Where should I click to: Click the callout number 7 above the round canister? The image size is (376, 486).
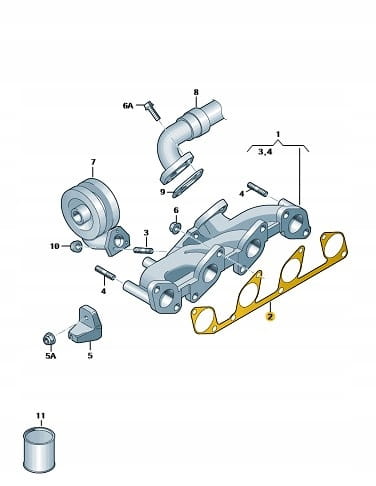click(93, 162)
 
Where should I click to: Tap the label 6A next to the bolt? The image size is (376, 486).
click(128, 106)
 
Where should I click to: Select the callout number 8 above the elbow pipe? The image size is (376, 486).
click(196, 92)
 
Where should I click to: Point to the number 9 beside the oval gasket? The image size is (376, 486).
click(163, 192)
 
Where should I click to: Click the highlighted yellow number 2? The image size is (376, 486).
click(270, 316)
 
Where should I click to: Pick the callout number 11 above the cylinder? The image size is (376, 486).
click(40, 415)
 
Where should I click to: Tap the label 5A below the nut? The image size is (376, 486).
click(51, 356)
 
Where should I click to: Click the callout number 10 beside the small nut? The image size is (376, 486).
click(55, 246)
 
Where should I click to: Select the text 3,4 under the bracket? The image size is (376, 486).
click(265, 152)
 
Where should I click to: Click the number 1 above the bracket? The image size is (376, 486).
click(278, 135)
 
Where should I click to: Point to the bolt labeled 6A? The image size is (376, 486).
click(153, 110)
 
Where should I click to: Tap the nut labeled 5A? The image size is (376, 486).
click(49, 338)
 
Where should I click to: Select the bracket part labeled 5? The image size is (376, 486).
click(86, 324)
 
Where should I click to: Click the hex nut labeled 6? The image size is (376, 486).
click(176, 227)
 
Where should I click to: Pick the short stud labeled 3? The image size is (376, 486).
click(143, 250)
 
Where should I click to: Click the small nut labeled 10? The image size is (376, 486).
click(76, 246)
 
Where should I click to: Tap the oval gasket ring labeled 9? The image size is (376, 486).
click(188, 183)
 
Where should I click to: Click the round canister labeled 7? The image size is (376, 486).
click(90, 204)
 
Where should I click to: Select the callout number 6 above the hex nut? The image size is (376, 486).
click(176, 210)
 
